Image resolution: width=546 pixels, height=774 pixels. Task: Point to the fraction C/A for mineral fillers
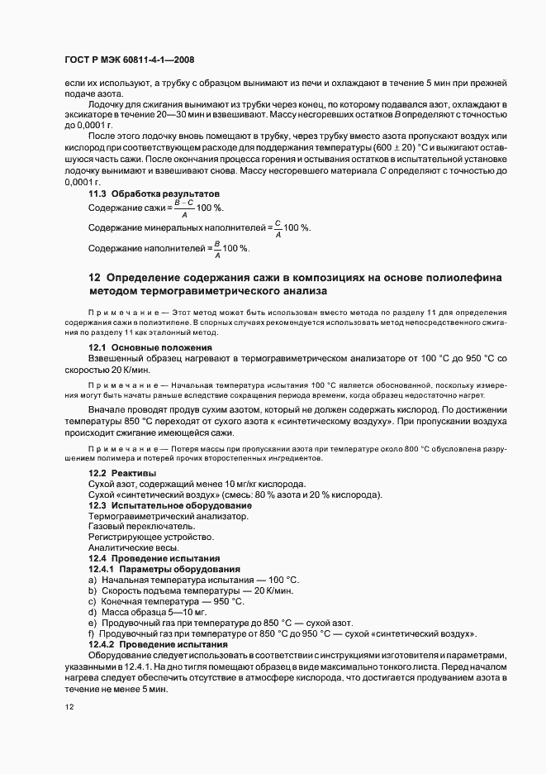click(x=278, y=228)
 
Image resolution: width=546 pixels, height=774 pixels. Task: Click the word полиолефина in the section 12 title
click(x=463, y=277)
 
